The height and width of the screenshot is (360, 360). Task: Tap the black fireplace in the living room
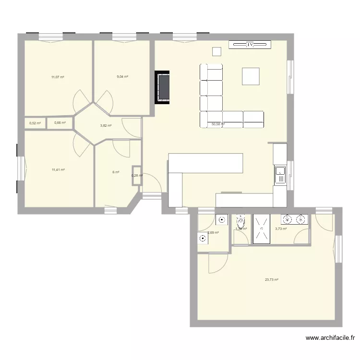[x=163, y=87]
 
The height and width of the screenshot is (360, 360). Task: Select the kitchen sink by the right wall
[x=280, y=175]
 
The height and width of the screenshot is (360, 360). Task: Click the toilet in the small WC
[x=240, y=222]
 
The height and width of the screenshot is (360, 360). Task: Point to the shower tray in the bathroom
[x=262, y=229]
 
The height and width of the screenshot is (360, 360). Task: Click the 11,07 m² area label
[x=58, y=77]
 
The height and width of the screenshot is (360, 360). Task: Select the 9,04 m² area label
[x=122, y=77]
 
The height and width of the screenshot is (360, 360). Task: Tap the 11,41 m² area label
[x=58, y=169]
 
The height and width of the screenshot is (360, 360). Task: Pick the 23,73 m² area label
[x=272, y=280]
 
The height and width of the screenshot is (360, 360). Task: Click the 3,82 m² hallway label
[x=106, y=126]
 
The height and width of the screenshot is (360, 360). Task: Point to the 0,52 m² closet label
[x=35, y=123]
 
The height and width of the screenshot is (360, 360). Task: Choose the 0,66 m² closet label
[x=60, y=123]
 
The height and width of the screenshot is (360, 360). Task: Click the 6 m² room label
[x=116, y=172]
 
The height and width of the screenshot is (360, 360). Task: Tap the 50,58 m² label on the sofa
[x=218, y=124]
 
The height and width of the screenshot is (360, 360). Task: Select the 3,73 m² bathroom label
[x=281, y=229]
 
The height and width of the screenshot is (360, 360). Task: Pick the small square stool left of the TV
[x=217, y=51]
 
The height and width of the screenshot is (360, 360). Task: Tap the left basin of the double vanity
[x=288, y=220]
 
